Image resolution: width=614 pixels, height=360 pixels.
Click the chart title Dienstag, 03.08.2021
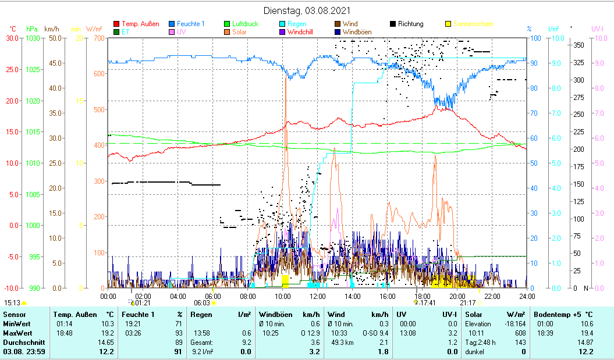[x=307, y=10]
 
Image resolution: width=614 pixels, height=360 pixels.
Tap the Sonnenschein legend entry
[x=473, y=24]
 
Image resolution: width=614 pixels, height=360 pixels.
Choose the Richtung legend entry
[x=410, y=24]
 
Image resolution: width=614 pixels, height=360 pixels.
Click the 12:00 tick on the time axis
[x=318, y=296]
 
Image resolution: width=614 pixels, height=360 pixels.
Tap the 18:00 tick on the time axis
[x=423, y=296]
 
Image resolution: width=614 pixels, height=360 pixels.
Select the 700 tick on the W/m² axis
[x=98, y=38]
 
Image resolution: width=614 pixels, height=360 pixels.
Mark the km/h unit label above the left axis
[x=52, y=28]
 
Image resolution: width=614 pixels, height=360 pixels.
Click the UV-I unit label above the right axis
[x=598, y=28]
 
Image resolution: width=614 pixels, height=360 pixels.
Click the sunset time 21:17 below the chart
[x=467, y=302]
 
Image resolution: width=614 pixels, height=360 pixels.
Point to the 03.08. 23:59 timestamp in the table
[x=24, y=351]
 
